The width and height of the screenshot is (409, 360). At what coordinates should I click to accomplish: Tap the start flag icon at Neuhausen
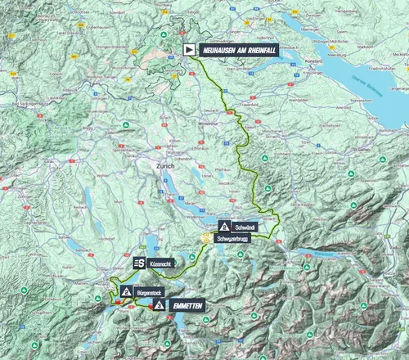(x=190, y=49)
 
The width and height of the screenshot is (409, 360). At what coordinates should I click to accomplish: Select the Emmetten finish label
(x=187, y=305)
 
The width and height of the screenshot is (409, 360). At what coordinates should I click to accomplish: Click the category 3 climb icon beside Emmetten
(x=158, y=305)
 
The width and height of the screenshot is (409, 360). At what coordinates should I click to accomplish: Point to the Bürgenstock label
(x=152, y=290)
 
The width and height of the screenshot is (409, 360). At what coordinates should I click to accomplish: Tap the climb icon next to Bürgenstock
(x=125, y=290)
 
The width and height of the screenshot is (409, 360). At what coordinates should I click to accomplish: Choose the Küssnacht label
(x=162, y=263)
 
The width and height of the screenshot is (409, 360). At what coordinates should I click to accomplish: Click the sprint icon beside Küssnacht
(x=139, y=263)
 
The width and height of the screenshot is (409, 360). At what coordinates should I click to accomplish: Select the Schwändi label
(x=246, y=226)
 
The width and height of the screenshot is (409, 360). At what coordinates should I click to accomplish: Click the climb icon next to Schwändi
(x=224, y=226)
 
